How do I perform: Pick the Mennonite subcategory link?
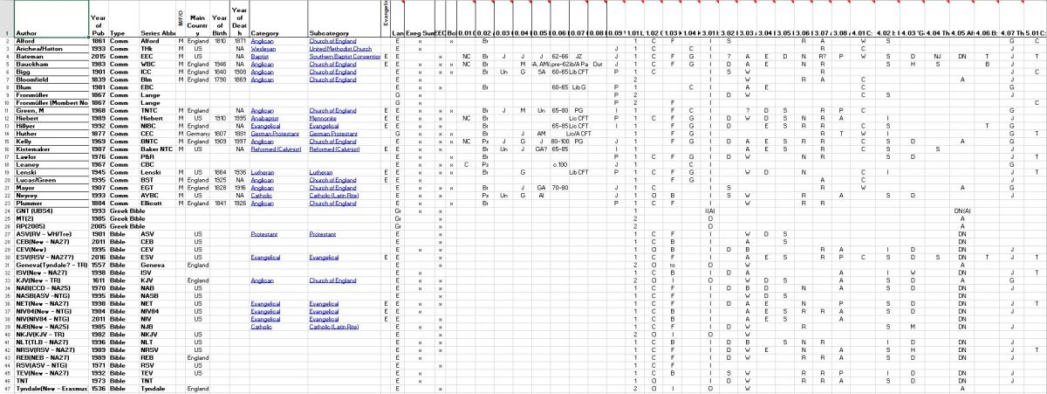[x=322, y=118]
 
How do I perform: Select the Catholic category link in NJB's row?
[x=262, y=326]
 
